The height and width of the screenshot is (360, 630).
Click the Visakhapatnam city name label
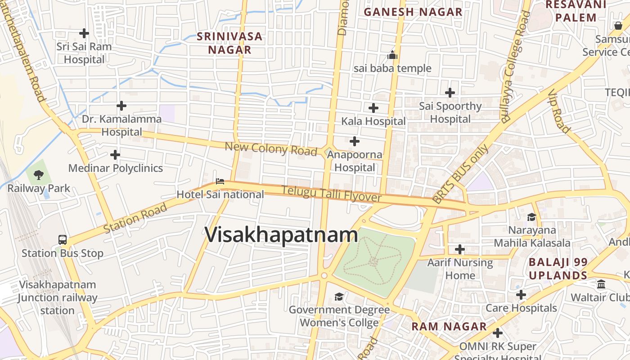[281, 235]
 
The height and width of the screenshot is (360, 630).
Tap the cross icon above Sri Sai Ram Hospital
[84, 33]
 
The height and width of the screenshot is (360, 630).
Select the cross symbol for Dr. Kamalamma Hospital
[121, 106]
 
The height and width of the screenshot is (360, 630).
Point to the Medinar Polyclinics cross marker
[115, 155]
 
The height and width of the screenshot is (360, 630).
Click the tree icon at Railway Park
[39, 175]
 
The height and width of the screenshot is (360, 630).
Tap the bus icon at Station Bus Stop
[63, 240]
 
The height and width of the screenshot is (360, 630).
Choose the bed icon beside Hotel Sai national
[220, 181]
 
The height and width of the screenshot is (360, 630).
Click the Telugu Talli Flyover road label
[332, 194]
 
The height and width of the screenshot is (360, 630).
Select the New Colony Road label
[271, 148]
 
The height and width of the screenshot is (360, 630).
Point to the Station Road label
[135, 218]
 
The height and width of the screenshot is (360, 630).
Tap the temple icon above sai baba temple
[392, 55]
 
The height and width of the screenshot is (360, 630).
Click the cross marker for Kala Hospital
[373, 108]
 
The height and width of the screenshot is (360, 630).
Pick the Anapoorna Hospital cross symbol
[355, 141]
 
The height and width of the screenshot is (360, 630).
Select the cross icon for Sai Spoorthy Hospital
[450, 93]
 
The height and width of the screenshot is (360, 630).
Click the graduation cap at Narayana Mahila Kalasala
[531, 217]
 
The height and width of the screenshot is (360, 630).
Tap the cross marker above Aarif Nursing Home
[460, 249]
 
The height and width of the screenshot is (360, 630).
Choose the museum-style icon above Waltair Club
[601, 284]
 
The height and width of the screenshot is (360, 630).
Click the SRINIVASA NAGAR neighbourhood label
[229, 43]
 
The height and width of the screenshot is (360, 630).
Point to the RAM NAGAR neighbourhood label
[449, 327]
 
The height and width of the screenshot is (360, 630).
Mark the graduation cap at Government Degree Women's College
[339, 297]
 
